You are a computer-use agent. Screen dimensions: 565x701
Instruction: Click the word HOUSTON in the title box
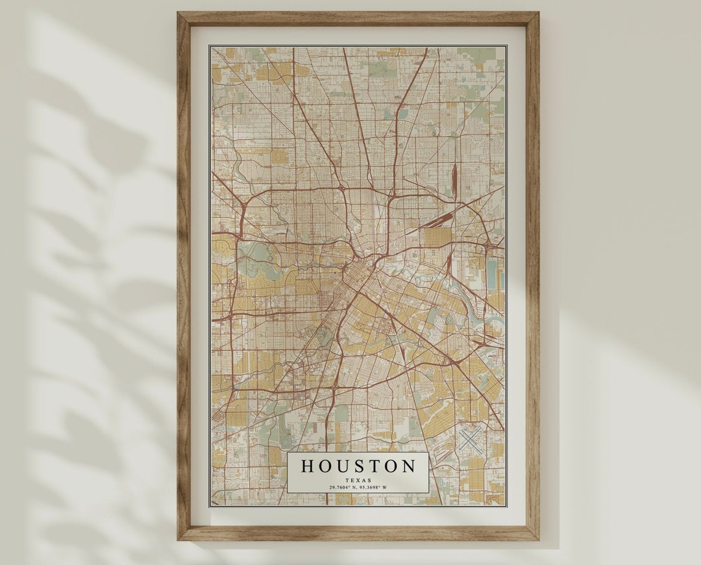[x=358, y=466]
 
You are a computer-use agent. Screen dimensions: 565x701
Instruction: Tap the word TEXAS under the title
[x=358, y=480]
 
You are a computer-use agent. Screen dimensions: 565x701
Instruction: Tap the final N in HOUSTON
[x=408, y=466]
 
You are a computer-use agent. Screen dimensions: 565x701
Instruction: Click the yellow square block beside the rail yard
[x=437, y=238]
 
